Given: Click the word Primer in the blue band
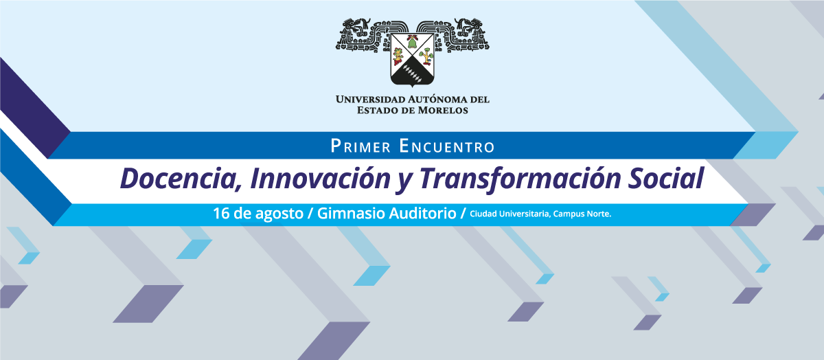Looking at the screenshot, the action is point(360,146).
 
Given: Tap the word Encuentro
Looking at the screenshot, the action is point(447,146).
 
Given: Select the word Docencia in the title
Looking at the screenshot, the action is point(180,179).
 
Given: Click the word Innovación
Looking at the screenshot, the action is point(320,179).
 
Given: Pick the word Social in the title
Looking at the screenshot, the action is point(666,179).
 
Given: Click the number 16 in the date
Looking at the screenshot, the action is point(221,214).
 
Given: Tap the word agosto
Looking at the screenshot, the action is point(279,214).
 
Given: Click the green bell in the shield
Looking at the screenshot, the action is point(411,43).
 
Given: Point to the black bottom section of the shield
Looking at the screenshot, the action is point(412,74).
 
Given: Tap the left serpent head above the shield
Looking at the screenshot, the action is point(355,27).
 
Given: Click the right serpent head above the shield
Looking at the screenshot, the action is point(469,27).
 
